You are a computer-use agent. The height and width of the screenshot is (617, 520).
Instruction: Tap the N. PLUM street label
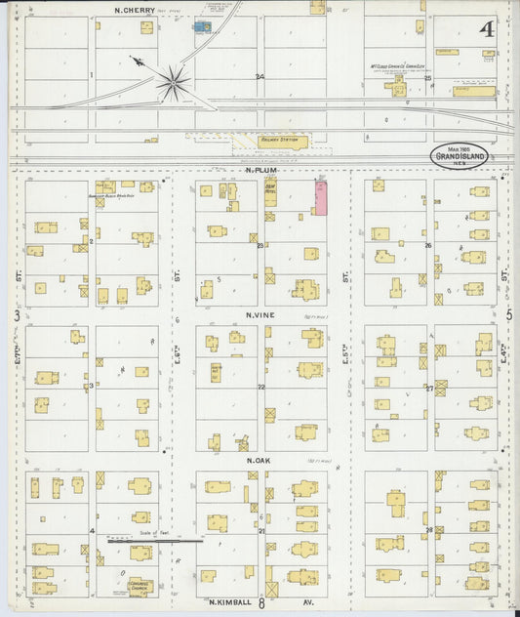(x=258, y=169)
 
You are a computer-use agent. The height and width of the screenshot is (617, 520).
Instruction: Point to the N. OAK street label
(x=258, y=460)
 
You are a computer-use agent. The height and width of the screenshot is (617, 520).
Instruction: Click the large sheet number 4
(x=485, y=28)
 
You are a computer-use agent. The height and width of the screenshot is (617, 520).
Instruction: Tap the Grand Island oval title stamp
(x=459, y=155)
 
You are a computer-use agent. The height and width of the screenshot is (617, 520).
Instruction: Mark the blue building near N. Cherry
(x=202, y=27)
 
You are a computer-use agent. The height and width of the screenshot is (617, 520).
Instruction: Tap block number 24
(x=260, y=76)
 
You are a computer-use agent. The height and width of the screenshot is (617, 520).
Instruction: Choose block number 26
(x=428, y=245)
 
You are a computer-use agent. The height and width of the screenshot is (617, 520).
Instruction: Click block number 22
(x=260, y=388)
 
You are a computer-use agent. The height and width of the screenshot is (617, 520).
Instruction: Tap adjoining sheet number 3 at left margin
(x=16, y=315)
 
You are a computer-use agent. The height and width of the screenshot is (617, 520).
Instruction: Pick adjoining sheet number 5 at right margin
(x=508, y=315)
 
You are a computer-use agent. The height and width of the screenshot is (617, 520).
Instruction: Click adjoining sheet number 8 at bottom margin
(x=262, y=604)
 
